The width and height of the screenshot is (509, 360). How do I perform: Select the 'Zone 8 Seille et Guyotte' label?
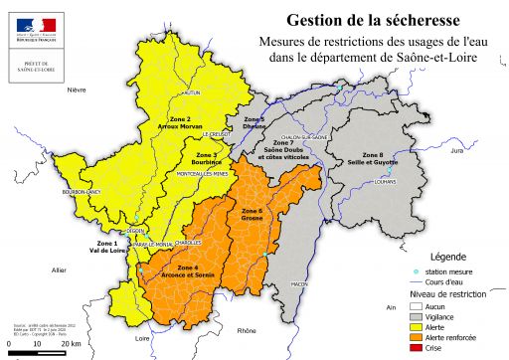pyautogui.click(x=371, y=159)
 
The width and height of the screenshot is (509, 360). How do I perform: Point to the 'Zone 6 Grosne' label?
pyautogui.click(x=252, y=214)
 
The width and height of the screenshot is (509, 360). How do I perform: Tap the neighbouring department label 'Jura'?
pyautogui.click(x=456, y=151)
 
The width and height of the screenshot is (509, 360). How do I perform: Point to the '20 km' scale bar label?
pyautogui.click(x=71, y=343)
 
